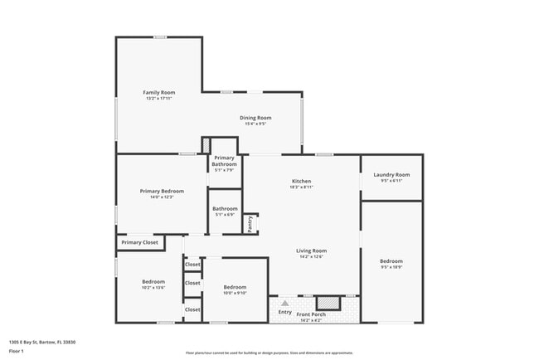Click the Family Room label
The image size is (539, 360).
tap(158, 92)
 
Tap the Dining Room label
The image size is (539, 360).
tap(255, 118)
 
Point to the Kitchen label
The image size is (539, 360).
tap(301, 181)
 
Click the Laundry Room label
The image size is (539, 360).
tap(391, 174)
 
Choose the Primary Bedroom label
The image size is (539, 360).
tap(162, 191)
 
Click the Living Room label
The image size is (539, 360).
tap(313, 251)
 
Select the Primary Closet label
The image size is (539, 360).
tap(139, 242)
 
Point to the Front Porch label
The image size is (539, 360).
tap(313, 314)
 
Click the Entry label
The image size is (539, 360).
tap(284, 312)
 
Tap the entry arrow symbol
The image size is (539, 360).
tap(284, 304)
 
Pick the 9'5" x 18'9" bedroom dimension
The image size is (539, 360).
tap(391, 267)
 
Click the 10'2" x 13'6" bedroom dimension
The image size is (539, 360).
tap(153, 288)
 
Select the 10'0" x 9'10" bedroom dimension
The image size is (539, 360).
tap(235, 293)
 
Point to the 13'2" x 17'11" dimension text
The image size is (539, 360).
tap(158, 99)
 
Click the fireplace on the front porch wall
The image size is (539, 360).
tap(328, 303)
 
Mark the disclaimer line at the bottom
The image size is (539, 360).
tap(269, 353)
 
